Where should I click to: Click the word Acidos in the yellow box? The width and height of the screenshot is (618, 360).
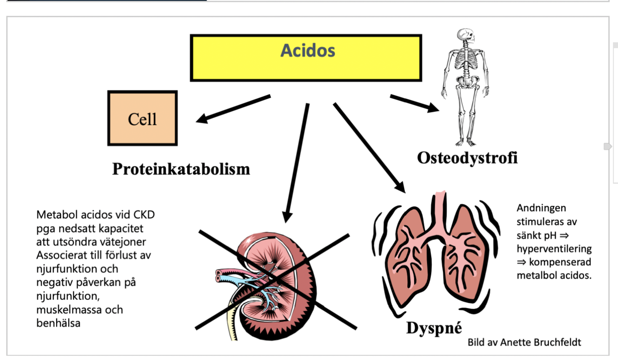pos(308,50)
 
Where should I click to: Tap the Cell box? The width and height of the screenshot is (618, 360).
pos(142,118)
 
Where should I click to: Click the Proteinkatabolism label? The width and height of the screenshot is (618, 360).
pos(181,169)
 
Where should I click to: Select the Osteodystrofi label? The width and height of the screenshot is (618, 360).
pos(467,158)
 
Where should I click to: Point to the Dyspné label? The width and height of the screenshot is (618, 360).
pos(434,328)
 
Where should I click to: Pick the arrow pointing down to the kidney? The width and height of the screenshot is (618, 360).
pos(296,162)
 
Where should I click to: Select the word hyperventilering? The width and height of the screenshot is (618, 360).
pos(554,249)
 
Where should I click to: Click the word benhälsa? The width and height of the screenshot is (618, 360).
pos(58,323)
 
